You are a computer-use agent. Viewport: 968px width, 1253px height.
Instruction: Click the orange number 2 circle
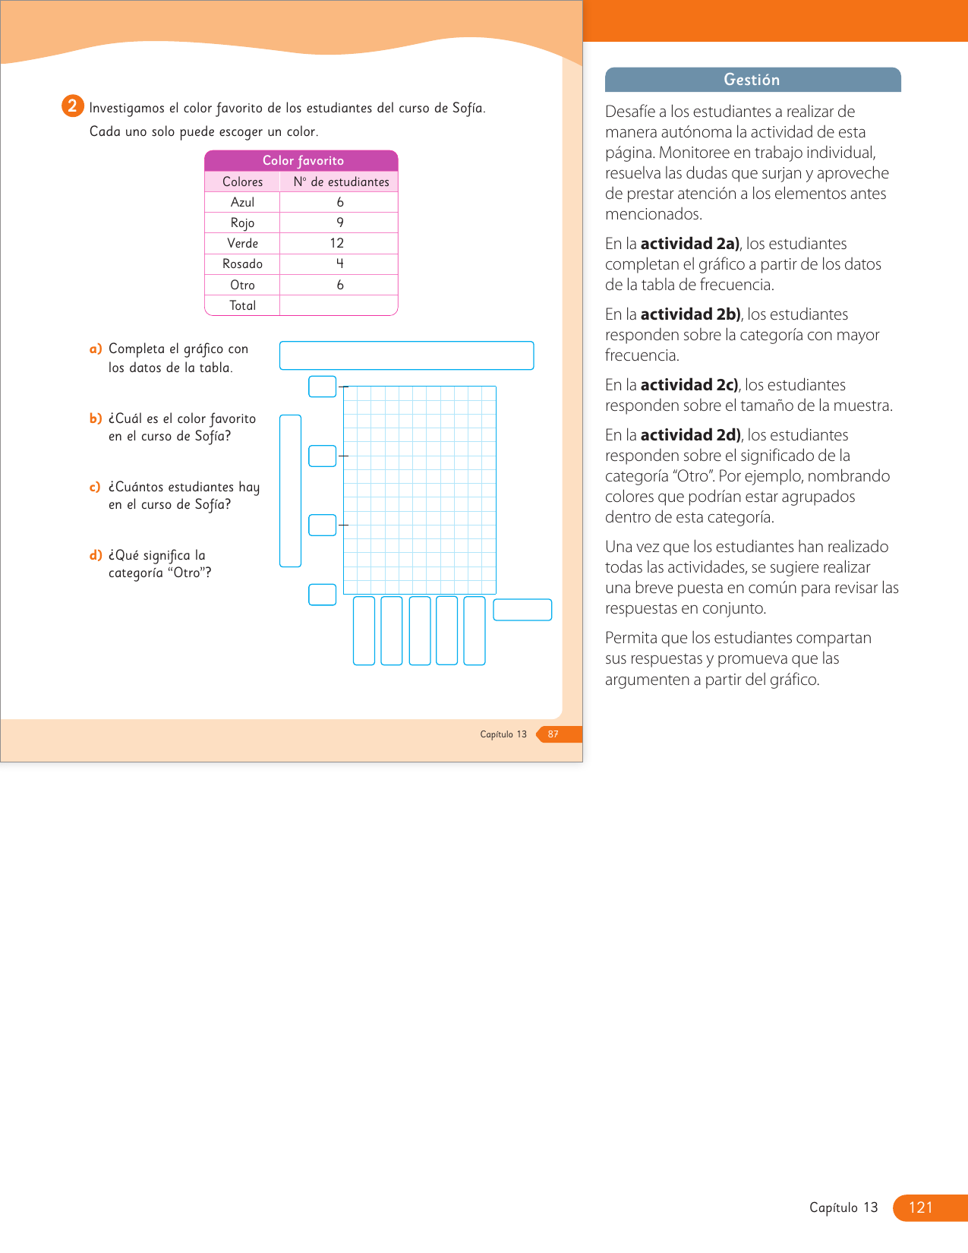tap(72, 106)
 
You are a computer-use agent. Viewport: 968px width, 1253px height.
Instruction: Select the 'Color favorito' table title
tap(302, 160)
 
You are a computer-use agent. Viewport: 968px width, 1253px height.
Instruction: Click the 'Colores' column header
tap(242, 181)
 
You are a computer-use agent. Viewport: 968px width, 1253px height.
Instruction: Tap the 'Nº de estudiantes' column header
tap(341, 181)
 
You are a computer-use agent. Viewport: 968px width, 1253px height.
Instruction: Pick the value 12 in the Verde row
tap(337, 243)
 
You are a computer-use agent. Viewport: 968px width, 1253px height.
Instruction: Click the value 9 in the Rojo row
tap(340, 223)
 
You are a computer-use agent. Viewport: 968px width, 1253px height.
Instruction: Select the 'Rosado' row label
tap(242, 264)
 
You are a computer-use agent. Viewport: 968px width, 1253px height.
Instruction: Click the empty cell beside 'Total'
tap(339, 305)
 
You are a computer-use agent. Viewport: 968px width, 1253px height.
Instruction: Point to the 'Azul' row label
tap(242, 202)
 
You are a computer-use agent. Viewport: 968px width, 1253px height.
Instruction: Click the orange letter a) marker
tap(96, 349)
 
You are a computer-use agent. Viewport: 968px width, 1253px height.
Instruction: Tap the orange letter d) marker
tap(96, 555)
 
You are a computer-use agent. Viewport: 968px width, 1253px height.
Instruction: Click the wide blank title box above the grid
tap(406, 355)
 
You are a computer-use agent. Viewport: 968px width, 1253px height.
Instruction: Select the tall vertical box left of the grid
tap(290, 491)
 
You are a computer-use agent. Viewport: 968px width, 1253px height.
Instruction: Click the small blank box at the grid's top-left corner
tap(322, 387)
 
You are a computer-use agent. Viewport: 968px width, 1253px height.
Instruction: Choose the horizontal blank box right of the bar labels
tap(522, 610)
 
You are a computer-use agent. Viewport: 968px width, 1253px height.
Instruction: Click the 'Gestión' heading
tap(752, 80)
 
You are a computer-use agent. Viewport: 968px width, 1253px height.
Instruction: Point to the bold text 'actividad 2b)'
tap(690, 314)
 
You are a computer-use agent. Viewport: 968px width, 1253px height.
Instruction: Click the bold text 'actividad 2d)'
tap(690, 435)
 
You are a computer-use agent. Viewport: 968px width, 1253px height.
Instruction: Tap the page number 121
tap(920, 1207)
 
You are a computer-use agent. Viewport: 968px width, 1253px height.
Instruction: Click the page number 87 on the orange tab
tap(553, 734)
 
